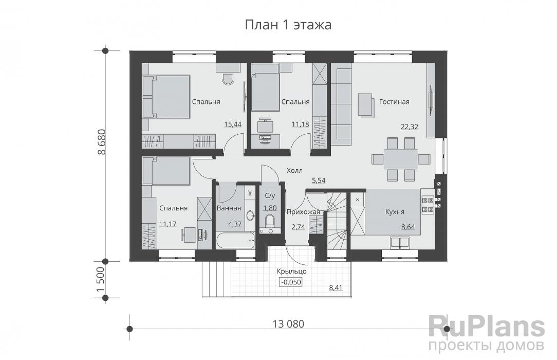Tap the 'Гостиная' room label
click(x=394, y=102)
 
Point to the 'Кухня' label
click(x=395, y=211)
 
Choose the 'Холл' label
click(x=295, y=170)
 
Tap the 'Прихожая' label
click(x=303, y=211)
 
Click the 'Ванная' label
click(x=229, y=208)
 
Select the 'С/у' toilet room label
click(x=270, y=195)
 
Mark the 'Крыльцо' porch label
click(x=291, y=271)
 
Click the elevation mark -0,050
click(x=291, y=282)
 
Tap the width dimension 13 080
click(x=288, y=324)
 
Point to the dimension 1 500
click(x=102, y=280)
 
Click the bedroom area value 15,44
click(x=233, y=124)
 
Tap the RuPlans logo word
click(x=486, y=325)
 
